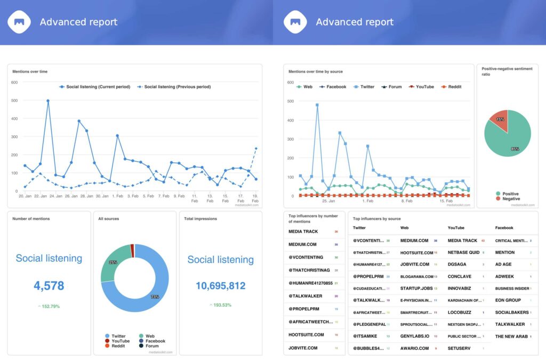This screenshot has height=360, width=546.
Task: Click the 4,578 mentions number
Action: click(49, 285)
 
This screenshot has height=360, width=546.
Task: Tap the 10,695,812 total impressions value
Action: click(220, 286)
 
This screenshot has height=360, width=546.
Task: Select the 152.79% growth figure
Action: click(49, 306)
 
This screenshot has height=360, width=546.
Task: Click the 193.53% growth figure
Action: click(220, 305)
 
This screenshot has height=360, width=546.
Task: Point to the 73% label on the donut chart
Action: click(155, 297)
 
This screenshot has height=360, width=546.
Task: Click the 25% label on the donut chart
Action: click(113, 262)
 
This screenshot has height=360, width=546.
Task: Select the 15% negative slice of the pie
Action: click(500, 119)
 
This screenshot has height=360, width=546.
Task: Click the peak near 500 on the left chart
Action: click(48, 100)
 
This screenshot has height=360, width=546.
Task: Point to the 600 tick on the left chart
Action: click(14, 83)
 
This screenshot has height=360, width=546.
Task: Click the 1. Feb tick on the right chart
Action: click(368, 201)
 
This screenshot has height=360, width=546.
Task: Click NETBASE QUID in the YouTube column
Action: click(463, 252)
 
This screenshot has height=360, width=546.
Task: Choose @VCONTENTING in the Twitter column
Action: click(368, 241)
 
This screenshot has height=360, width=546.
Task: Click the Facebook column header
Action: click(504, 228)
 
